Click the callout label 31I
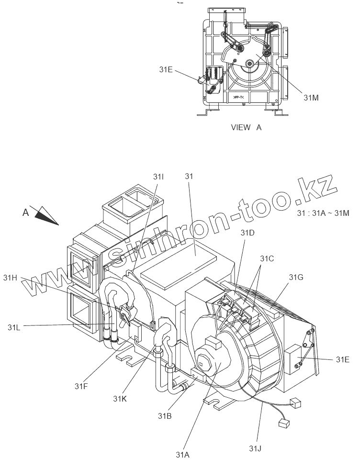158,177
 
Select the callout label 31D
247,233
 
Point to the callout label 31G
296,277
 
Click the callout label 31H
10,277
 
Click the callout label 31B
165,415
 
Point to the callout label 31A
183,455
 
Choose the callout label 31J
255,448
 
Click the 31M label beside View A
311,97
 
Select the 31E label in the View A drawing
166,69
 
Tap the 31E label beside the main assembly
343,359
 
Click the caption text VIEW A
246,127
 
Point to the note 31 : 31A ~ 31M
323,213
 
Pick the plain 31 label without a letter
188,177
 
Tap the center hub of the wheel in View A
249,63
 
